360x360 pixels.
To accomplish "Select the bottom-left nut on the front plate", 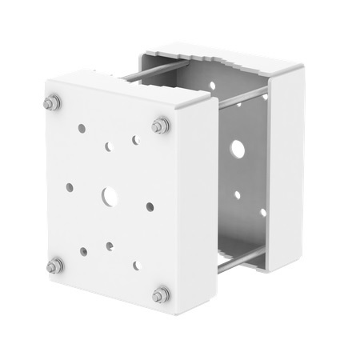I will click(x=54, y=266).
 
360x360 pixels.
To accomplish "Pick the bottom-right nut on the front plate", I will click(x=161, y=294).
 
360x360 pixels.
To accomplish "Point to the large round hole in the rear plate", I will click(x=237, y=148).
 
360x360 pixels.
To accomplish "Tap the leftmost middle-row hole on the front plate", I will click(x=70, y=187).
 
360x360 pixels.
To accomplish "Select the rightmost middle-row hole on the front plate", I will click(x=150, y=206).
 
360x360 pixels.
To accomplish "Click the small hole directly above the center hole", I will click(x=109, y=146).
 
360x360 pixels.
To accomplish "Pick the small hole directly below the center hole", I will click(x=110, y=246).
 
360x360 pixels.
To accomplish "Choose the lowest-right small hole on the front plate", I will click(x=137, y=266).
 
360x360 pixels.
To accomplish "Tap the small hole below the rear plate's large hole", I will click(x=238, y=194).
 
